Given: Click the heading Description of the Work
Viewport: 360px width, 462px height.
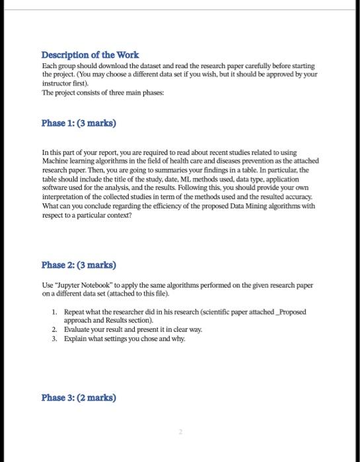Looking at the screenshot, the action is point(90,55).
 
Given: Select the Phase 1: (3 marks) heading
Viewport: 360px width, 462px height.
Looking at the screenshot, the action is point(74,123).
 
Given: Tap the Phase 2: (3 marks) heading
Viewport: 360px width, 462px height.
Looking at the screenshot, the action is point(78,265).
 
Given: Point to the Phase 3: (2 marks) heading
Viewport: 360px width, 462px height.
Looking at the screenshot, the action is point(78,397).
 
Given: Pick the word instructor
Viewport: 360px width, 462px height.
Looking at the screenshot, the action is point(57,84).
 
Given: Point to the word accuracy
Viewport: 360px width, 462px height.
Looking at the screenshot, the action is point(301,196).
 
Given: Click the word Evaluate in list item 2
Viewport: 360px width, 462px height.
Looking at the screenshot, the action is point(78,329).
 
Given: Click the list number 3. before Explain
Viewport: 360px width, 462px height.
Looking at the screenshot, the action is point(54,338).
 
